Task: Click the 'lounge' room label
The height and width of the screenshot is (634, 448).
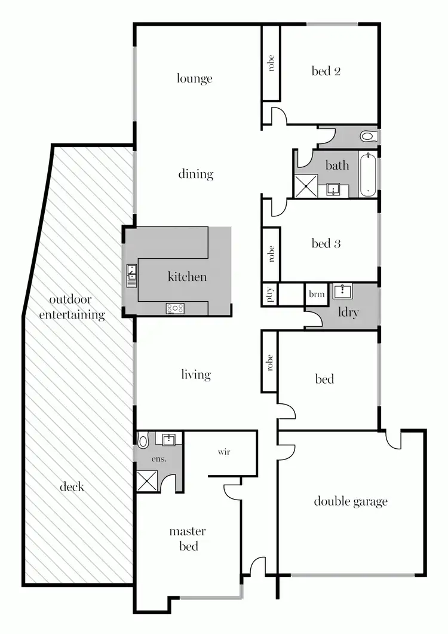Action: pos(194,78)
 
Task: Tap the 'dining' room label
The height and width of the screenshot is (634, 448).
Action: pos(195,174)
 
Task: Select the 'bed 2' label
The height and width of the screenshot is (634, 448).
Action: pos(326,71)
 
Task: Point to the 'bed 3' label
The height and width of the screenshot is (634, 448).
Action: pos(326,243)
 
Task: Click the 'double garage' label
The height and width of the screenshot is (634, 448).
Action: pos(351,501)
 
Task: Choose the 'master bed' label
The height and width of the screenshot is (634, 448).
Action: pos(188,538)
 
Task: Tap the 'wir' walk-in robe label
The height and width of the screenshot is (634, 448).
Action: pos(223,452)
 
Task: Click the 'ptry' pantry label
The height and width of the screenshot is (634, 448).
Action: pos(269,295)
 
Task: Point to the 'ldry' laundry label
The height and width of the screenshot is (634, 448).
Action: pos(348,312)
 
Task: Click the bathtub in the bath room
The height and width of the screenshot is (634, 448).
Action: pos(367,174)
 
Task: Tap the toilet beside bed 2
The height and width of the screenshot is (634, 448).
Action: pos(368,137)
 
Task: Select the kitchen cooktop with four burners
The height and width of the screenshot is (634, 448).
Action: pos(175,308)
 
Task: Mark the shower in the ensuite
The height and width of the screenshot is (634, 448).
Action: pos(146,480)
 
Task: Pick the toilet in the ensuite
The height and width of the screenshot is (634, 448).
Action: pos(143,441)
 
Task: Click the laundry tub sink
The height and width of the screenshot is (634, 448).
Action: pos(343,291)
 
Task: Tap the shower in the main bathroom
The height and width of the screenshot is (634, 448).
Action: pos(305,186)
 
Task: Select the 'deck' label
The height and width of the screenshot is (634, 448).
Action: pos(72,486)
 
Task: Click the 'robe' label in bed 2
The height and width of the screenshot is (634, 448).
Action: pos(271,63)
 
